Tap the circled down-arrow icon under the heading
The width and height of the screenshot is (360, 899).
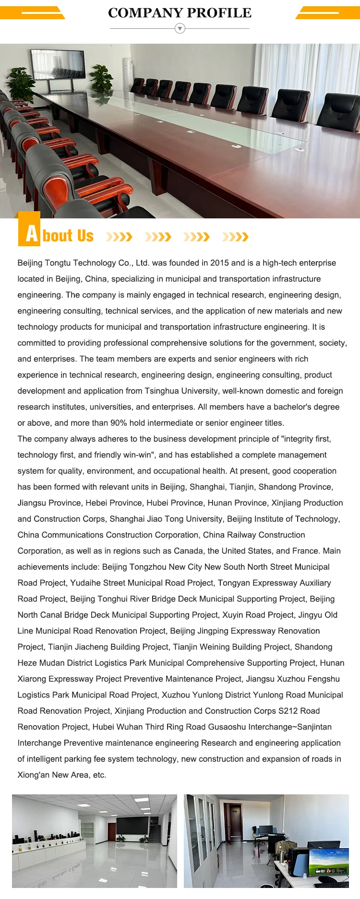180,29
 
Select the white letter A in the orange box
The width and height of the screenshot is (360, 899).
31,234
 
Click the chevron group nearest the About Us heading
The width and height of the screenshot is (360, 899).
119,237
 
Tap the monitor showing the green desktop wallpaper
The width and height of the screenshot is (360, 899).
329,862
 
